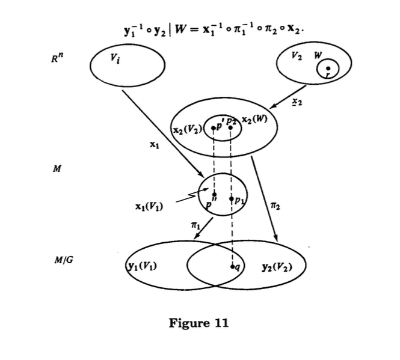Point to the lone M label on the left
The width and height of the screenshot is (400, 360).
click(x=57, y=168)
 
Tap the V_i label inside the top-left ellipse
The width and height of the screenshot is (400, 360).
click(x=117, y=58)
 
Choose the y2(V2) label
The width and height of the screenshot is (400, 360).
click(x=277, y=265)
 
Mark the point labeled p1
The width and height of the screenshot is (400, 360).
click(x=231, y=197)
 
